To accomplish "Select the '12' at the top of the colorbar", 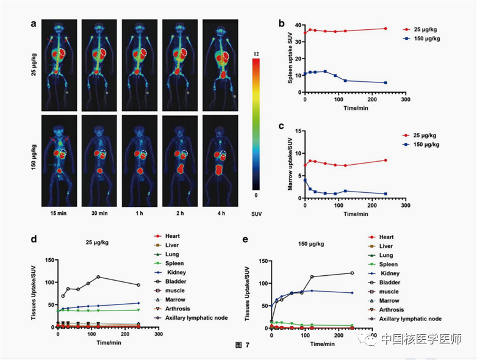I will pos(256,54).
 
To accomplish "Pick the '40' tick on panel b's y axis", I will pos(299,25).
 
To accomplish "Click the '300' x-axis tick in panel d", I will pos(158,334).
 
